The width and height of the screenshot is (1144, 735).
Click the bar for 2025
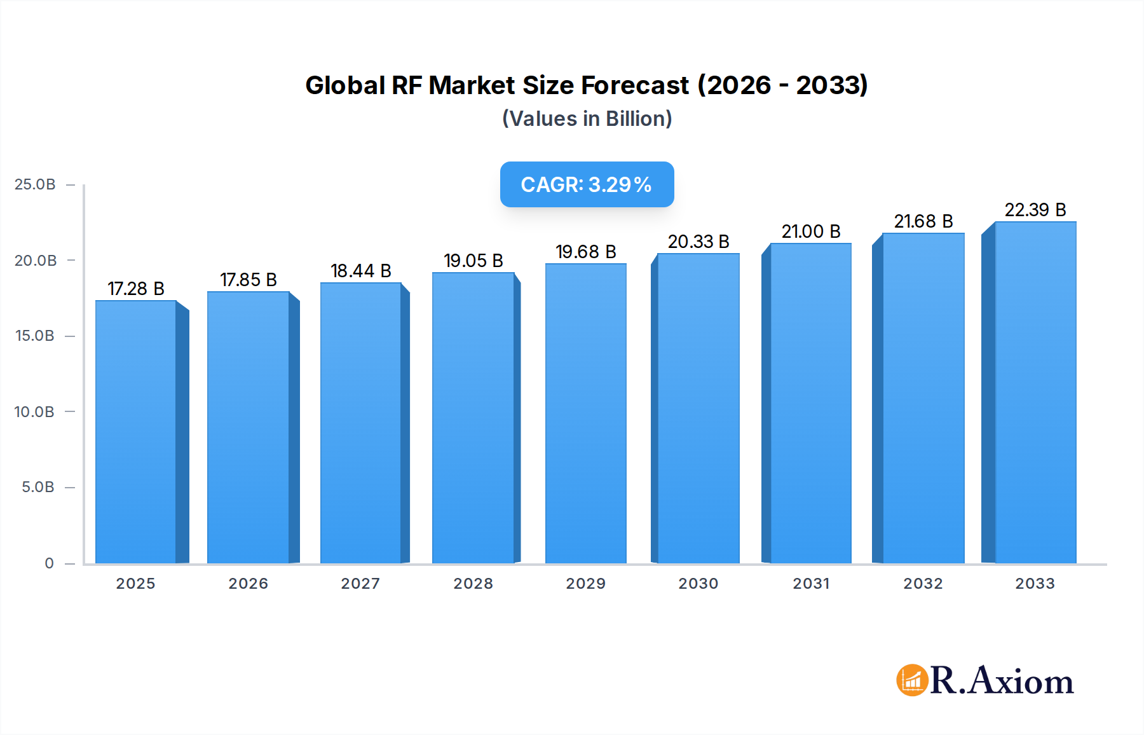tap(136, 432)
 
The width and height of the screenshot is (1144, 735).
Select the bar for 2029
tap(585, 413)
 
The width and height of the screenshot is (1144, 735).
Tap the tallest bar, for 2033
tap(1035, 393)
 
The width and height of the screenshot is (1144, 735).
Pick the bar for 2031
tap(810, 404)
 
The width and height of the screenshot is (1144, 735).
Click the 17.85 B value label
tap(249, 280)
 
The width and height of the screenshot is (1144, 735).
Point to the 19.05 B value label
tap(473, 261)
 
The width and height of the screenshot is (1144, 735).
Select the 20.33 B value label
tap(698, 242)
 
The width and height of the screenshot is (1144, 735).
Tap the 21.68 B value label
tap(923, 221)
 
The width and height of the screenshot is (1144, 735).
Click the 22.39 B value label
tap(1035, 210)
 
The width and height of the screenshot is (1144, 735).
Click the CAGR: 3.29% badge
tap(587, 184)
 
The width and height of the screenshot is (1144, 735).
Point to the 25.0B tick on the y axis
tap(35, 184)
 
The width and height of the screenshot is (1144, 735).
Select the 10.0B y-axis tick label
tap(34, 412)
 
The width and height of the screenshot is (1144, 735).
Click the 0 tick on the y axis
tap(49, 563)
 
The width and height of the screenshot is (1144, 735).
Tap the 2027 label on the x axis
tap(360, 584)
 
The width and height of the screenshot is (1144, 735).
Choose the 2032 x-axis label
tap(923, 584)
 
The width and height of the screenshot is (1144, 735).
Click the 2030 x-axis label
tap(698, 584)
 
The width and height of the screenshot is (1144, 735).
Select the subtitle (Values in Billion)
tap(587, 119)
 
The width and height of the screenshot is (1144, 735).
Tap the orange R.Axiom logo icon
tap(912, 680)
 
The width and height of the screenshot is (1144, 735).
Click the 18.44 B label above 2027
tap(360, 271)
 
